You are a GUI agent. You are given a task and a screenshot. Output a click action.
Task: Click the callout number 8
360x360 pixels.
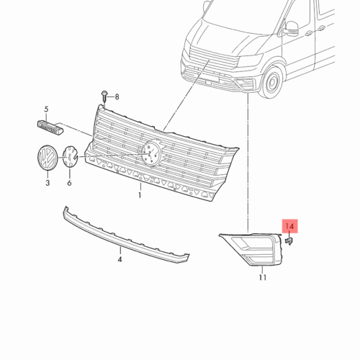(117, 97)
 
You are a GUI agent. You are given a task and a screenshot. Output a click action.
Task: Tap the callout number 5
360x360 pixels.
(46, 109)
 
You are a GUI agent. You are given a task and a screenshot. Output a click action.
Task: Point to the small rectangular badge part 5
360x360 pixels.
(50, 127)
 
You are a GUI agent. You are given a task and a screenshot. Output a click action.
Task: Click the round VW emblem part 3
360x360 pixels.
(48, 157)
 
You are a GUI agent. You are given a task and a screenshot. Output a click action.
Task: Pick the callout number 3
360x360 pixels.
(48, 183)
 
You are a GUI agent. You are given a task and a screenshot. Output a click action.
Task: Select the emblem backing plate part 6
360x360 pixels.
(70, 156)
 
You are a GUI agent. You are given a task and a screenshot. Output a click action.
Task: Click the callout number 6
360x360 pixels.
(69, 183)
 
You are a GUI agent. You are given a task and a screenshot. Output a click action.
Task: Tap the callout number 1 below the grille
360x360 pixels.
(140, 195)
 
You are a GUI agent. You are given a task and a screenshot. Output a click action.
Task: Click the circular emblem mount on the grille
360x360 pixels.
(150, 153)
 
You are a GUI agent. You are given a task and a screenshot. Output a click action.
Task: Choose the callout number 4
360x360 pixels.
(120, 259)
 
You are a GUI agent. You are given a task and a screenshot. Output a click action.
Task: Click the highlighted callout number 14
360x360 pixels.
(289, 226)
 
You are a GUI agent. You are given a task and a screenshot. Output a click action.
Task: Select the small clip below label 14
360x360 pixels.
(289, 241)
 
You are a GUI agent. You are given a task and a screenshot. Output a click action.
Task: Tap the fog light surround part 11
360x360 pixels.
(251, 249)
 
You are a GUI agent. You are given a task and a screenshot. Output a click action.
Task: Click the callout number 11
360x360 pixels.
(263, 277)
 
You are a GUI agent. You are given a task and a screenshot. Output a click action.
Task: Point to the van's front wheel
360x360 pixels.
(273, 81)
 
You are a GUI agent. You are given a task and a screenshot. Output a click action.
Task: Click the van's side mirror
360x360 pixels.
(291, 29)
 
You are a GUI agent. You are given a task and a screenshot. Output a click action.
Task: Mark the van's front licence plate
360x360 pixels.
(212, 80)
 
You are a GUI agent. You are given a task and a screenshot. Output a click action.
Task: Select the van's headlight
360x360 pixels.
(251, 59)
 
